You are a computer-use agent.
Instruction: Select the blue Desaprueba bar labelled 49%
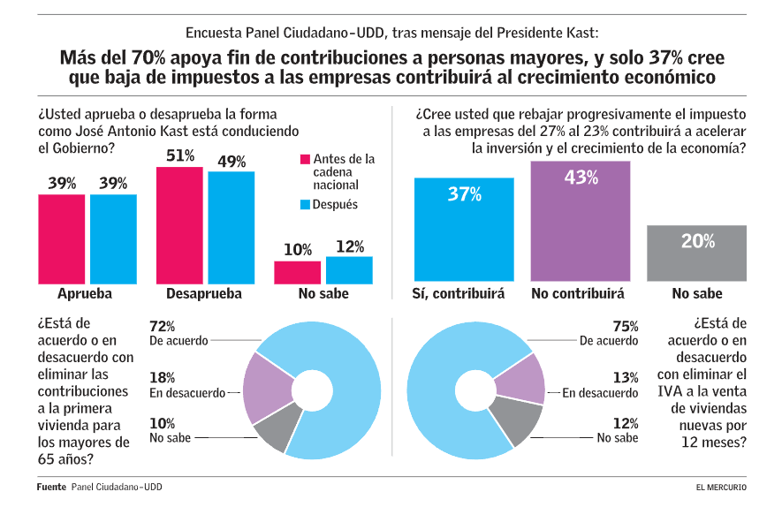pyautogui.click(x=232, y=228)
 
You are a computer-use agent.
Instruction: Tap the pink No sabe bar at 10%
pyautogui.click(x=297, y=273)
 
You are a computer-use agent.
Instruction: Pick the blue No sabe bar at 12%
pyautogui.click(x=349, y=270)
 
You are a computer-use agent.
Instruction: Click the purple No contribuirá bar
pyautogui.click(x=580, y=221)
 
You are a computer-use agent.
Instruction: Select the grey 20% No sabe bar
pyautogui.click(x=697, y=254)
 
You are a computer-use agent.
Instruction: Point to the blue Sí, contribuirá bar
pyautogui.click(x=464, y=230)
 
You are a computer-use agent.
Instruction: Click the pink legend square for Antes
pyautogui.click(x=306, y=159)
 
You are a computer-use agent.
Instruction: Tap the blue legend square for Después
pyautogui.click(x=306, y=205)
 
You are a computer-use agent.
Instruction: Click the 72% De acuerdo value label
pyautogui.click(x=163, y=327)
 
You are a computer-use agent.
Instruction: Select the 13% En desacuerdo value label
pyautogui.click(x=626, y=377)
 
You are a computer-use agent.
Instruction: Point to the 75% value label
pyautogui.click(x=626, y=327)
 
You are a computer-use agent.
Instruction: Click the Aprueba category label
pyautogui.click(x=86, y=294)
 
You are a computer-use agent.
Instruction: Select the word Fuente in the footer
pyautogui.click(x=50, y=487)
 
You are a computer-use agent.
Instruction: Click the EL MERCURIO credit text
pyautogui.click(x=720, y=488)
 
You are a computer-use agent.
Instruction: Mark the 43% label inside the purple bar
pyautogui.click(x=581, y=177)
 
